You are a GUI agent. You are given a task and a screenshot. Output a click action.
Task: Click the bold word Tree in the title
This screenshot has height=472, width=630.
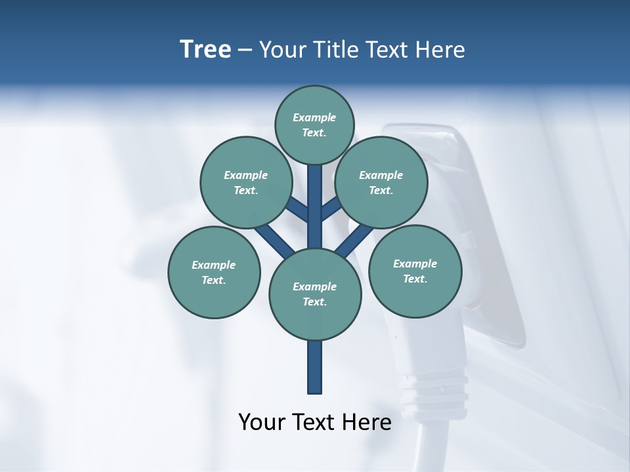pos(205,49)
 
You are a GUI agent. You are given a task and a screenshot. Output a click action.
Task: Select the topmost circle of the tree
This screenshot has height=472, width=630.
pos(314,125)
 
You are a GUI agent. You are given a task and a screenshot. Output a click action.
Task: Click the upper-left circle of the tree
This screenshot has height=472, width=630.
pos(245,182)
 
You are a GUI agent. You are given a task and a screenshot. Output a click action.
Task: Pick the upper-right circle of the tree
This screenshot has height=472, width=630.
pos(381,182)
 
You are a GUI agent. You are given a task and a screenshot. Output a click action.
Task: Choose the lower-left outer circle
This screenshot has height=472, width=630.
pos(214,272)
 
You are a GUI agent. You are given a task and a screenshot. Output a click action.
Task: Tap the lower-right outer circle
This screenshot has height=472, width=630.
pos(415,271)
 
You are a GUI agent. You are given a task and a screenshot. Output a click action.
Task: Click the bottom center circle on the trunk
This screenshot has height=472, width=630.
pos(315,294)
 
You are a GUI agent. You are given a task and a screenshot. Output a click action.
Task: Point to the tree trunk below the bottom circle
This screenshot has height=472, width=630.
pos(315,367)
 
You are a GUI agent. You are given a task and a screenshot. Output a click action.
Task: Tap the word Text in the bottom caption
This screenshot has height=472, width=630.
pos(314,422)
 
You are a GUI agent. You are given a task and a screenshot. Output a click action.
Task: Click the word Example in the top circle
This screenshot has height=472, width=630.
pos(314,117)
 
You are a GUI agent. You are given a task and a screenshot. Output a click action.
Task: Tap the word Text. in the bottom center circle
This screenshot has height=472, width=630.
pos(314,302)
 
